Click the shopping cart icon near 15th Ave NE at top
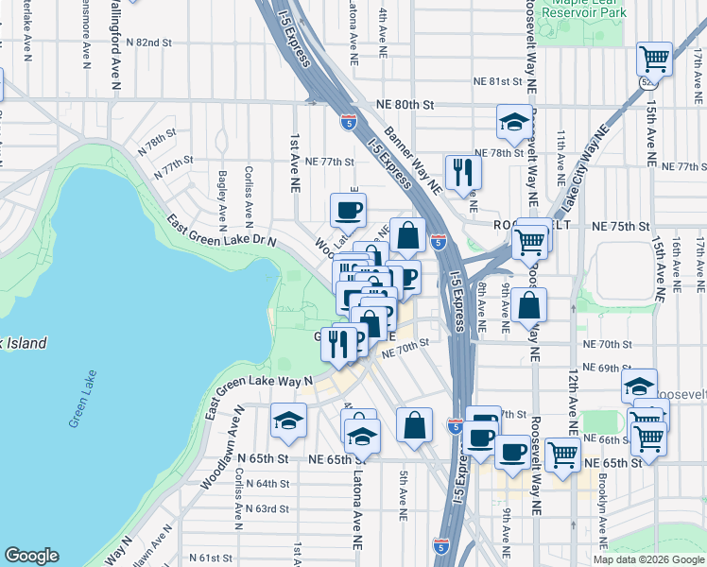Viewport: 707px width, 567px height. [654, 59]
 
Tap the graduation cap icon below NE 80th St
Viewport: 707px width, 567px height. [513, 122]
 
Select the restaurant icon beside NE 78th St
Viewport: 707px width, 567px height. [462, 170]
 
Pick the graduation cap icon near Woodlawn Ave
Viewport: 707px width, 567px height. [288, 421]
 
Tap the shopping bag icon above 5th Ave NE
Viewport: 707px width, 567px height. [414, 425]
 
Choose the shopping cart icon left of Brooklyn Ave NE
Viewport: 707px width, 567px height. [563, 454]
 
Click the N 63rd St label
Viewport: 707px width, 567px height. [262, 508]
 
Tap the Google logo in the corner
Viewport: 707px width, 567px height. [31, 556]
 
